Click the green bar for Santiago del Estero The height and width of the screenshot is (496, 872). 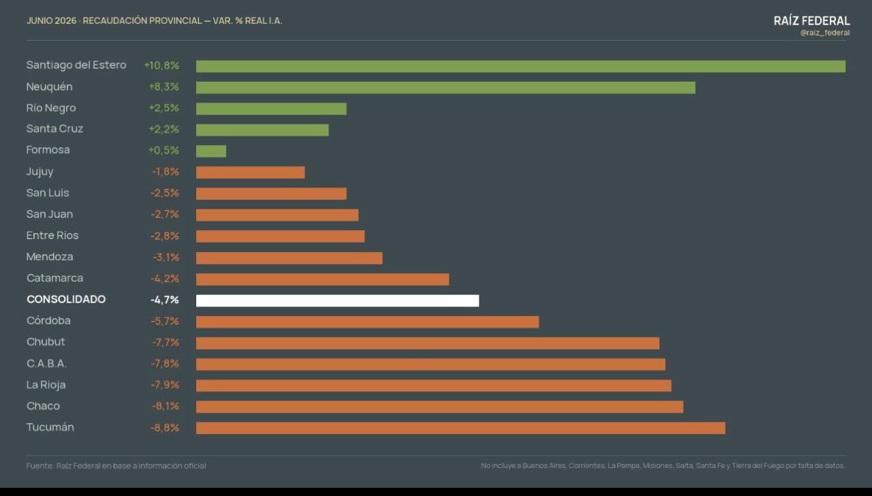[520, 66]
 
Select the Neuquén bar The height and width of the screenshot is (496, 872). [446, 88]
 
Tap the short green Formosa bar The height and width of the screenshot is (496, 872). [211, 151]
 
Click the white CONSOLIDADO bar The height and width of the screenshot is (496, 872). [337, 300]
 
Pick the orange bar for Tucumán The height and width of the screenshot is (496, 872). [461, 428]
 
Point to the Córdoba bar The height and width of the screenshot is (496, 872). [367, 322]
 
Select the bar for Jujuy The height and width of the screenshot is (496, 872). [250, 172]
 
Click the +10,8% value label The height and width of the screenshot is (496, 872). [161, 65]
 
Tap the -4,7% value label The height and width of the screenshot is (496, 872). [165, 300]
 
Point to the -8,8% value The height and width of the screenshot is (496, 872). [165, 427]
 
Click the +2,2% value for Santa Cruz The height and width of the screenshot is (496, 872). [164, 129]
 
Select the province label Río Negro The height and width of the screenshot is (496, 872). [51, 108]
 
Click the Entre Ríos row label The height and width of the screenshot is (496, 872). [52, 235]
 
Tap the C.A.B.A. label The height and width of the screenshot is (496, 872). [47, 363]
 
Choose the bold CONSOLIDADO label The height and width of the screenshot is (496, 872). [66, 299]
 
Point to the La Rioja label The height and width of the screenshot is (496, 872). [46, 385]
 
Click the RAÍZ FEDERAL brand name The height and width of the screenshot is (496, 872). [811, 20]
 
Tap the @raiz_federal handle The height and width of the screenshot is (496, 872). [825, 33]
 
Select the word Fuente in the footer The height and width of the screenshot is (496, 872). [40, 465]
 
